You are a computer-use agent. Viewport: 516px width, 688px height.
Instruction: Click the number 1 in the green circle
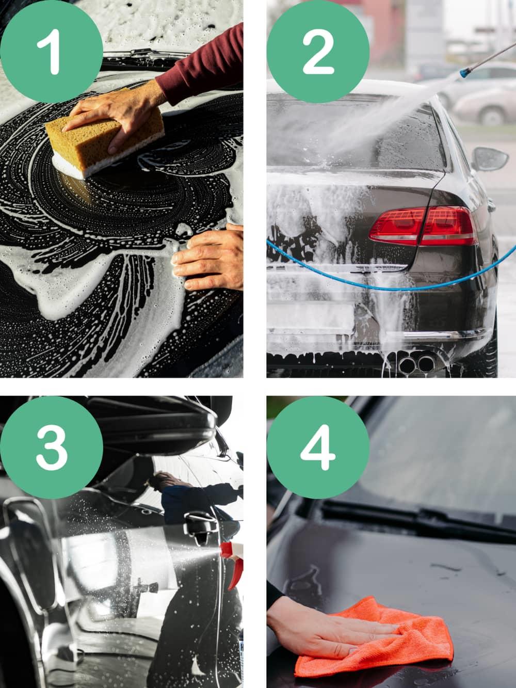tap(50, 52)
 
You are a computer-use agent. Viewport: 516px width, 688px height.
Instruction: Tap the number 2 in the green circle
tap(318, 52)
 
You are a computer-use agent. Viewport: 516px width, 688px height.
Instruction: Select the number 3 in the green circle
tap(52, 447)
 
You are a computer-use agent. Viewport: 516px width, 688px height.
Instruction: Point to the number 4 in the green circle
tap(318, 447)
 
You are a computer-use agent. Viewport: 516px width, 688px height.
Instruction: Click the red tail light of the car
tap(423, 226)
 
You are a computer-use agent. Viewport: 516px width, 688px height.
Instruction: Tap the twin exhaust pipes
tap(417, 363)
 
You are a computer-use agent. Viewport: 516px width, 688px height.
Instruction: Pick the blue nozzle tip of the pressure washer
tap(465, 73)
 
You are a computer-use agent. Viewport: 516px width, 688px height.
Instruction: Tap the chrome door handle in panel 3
tap(200, 523)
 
